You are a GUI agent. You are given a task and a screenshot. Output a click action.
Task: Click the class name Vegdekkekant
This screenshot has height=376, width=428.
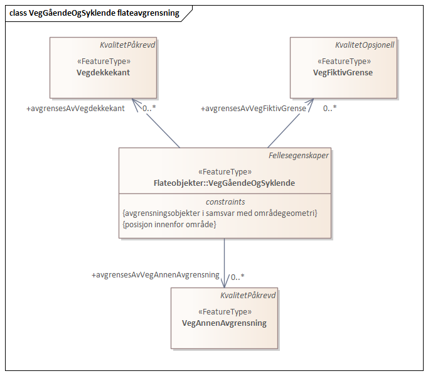pyautogui.click(x=103, y=73)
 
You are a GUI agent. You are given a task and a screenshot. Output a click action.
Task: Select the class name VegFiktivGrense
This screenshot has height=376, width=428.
pyautogui.click(x=343, y=73)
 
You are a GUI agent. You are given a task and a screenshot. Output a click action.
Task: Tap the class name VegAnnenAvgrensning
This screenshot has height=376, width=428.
pyautogui.click(x=224, y=323)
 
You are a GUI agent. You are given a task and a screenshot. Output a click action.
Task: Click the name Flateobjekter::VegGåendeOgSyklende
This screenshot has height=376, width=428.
pyautogui.click(x=224, y=183)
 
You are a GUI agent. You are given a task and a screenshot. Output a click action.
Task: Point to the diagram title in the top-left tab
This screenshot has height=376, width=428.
pyautogui.click(x=94, y=13)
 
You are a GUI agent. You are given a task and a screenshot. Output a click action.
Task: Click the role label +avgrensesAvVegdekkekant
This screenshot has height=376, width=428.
pyautogui.click(x=75, y=108)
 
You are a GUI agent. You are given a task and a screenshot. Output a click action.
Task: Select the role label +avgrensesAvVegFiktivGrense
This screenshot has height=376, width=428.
pyautogui.click(x=254, y=109)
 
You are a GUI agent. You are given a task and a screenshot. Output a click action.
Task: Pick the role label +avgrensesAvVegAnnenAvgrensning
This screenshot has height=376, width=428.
pyautogui.click(x=155, y=275)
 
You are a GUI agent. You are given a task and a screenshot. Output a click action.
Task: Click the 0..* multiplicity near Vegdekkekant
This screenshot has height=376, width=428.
pyautogui.click(x=149, y=108)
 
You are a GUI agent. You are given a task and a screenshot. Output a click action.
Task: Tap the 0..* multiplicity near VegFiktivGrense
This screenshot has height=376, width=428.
pyautogui.click(x=329, y=108)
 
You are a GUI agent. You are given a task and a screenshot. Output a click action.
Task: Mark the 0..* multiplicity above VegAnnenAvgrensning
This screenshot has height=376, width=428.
pyautogui.click(x=237, y=276)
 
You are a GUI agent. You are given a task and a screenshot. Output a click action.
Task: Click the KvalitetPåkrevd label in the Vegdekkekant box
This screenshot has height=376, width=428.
pyautogui.click(x=127, y=45)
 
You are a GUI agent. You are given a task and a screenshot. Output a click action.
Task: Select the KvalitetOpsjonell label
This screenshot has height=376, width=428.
pyautogui.click(x=364, y=45)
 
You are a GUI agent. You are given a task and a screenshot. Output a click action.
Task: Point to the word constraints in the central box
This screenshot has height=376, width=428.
pyautogui.click(x=225, y=201)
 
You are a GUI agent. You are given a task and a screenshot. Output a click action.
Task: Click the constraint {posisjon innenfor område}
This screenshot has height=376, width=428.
pyautogui.click(x=169, y=224)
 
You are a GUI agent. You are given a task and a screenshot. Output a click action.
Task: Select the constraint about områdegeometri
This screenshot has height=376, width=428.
pyautogui.click(x=220, y=213)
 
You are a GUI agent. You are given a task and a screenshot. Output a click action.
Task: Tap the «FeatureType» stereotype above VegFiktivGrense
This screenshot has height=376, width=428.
pyautogui.click(x=343, y=62)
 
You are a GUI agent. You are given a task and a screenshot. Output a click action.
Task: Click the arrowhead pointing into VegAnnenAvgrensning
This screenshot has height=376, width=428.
pyautogui.click(x=224, y=284)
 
